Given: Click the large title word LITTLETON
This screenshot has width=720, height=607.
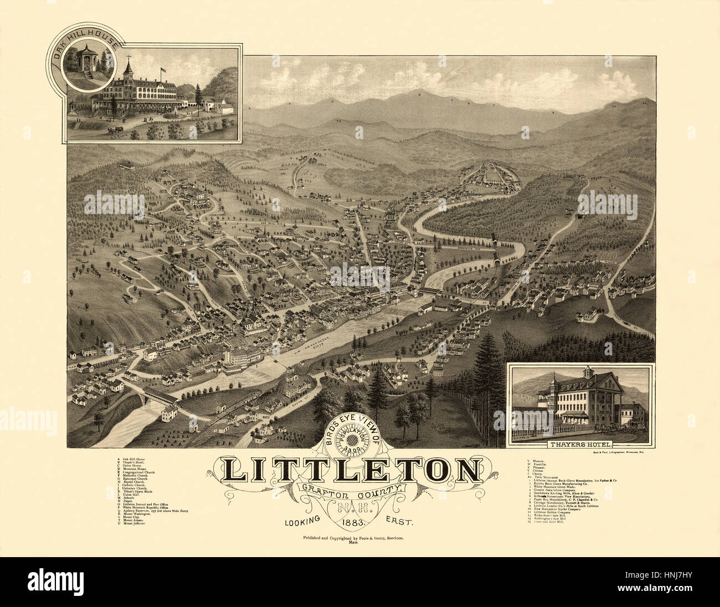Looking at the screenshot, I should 352,470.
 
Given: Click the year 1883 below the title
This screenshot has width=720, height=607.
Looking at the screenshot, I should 352,522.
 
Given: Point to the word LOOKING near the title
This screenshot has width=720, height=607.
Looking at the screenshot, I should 304,521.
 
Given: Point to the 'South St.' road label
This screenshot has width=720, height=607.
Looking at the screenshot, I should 294,397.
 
